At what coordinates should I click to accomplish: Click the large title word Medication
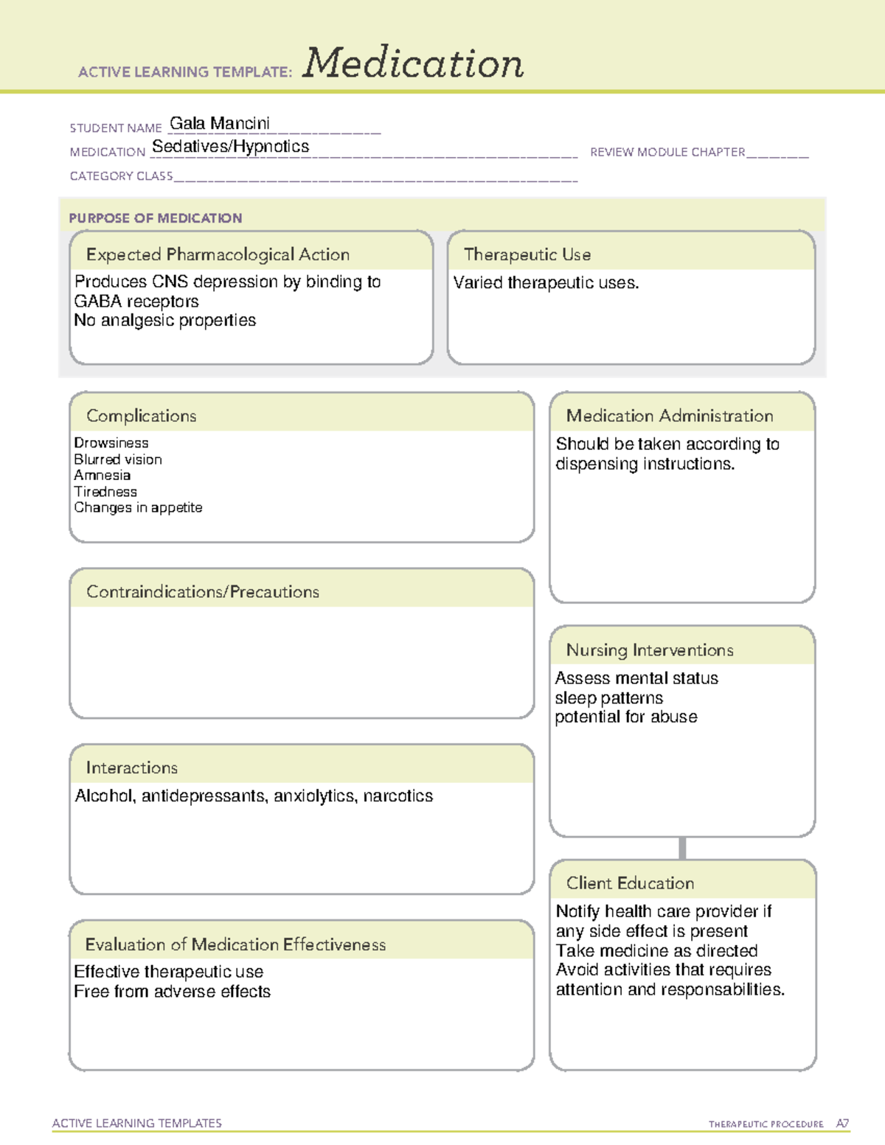pyautogui.click(x=413, y=63)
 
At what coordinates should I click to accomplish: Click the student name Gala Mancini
pyautogui.click(x=220, y=123)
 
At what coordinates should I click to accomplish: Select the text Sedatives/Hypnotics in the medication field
pyautogui.click(x=230, y=147)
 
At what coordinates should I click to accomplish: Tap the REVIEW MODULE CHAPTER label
pyautogui.click(x=667, y=152)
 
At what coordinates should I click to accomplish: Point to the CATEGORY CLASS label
pyautogui.click(x=121, y=176)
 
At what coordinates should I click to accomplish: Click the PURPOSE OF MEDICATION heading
pyautogui.click(x=156, y=218)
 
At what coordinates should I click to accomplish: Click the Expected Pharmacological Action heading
pyautogui.click(x=218, y=254)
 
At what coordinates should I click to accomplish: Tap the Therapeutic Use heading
pyautogui.click(x=527, y=254)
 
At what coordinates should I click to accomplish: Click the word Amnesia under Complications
pyautogui.click(x=102, y=476)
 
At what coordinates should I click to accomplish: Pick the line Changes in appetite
pyautogui.click(x=138, y=508)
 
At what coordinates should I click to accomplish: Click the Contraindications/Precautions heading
pyautogui.click(x=203, y=592)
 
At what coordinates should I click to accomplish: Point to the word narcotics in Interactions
pyautogui.click(x=398, y=796)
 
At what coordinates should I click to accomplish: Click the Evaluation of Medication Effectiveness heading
pyautogui.click(x=235, y=944)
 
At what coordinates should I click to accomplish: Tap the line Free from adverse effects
pyautogui.click(x=172, y=992)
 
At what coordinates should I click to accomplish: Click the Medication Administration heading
pyautogui.click(x=670, y=416)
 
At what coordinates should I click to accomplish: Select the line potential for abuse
pyautogui.click(x=625, y=717)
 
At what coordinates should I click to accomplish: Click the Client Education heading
pyautogui.click(x=630, y=883)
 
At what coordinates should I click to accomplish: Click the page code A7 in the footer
pyautogui.click(x=842, y=1124)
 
